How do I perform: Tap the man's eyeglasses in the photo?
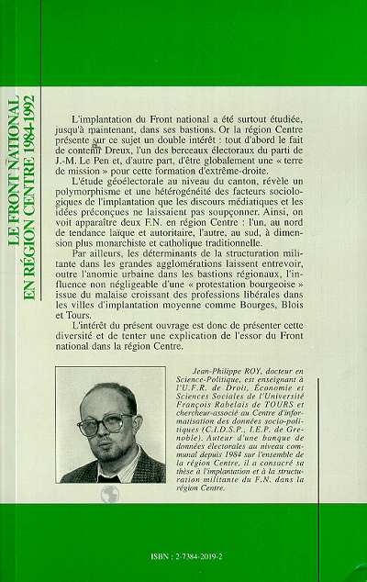[x=106, y=423]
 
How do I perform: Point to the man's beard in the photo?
[x=108, y=455]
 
